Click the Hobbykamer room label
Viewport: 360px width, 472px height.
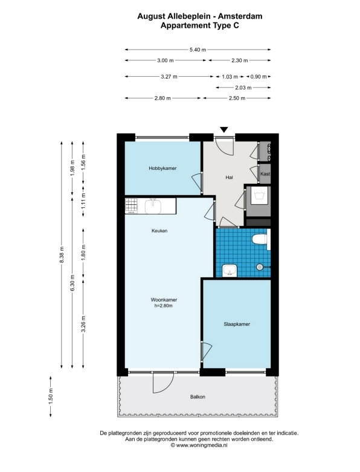click(162, 168)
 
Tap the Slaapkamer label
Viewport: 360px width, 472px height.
click(237, 324)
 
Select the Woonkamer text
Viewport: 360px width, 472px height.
click(164, 300)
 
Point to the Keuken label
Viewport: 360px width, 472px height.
click(159, 231)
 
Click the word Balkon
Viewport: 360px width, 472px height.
click(198, 396)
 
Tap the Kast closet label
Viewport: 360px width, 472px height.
click(265, 173)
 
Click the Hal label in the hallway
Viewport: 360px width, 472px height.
click(229, 177)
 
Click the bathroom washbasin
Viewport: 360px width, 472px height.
click(230, 271)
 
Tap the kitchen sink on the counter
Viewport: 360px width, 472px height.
click(153, 206)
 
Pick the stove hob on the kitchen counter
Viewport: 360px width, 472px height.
click(132, 205)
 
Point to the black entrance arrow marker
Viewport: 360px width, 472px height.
click(223, 130)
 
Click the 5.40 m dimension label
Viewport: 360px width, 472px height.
click(198, 50)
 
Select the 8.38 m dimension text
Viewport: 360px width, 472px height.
click(62, 254)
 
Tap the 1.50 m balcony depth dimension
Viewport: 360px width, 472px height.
click(51, 396)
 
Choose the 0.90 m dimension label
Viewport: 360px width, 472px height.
click(259, 77)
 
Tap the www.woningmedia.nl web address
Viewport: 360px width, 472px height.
click(202, 445)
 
